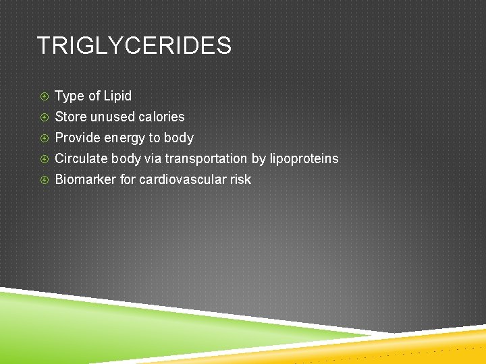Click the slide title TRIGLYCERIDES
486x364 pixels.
click(x=134, y=47)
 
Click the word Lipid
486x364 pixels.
click(x=117, y=96)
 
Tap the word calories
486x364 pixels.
click(x=161, y=117)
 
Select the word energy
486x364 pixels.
click(x=123, y=138)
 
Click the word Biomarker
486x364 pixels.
click(x=84, y=179)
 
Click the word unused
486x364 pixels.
click(x=113, y=117)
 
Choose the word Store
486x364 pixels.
click(x=71, y=117)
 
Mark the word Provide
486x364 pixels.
click(x=77, y=138)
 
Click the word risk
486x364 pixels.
click(x=240, y=179)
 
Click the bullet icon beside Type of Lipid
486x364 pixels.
click(x=44, y=96)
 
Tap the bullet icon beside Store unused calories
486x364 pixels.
click(x=44, y=117)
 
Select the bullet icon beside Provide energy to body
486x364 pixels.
click(x=44, y=138)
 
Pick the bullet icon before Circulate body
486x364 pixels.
click(x=44, y=159)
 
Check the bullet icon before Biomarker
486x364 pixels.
click(x=44, y=180)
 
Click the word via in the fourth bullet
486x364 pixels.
click(x=153, y=159)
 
